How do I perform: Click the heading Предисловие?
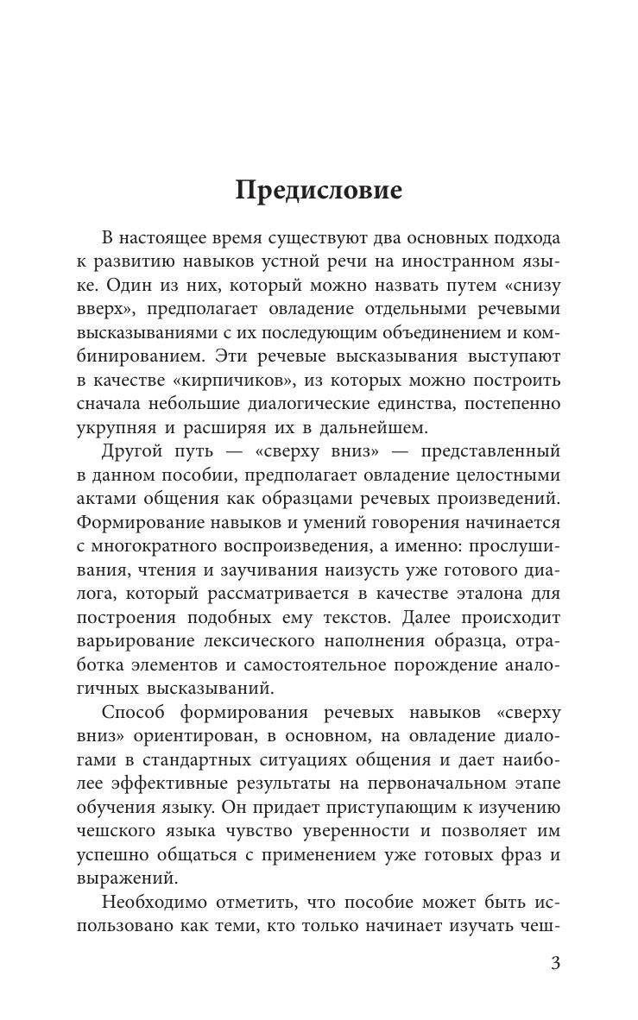tap(319, 190)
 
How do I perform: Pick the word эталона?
tap(466, 595)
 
